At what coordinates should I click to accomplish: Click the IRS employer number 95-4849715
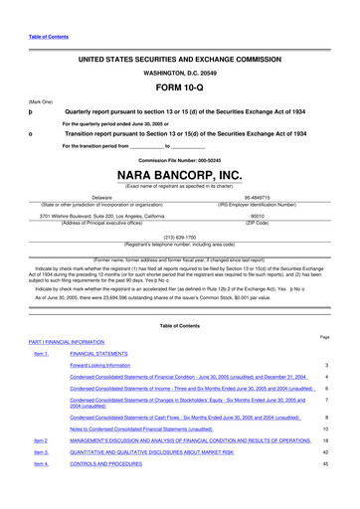pos(258,197)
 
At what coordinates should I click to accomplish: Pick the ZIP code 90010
pos(258,214)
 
